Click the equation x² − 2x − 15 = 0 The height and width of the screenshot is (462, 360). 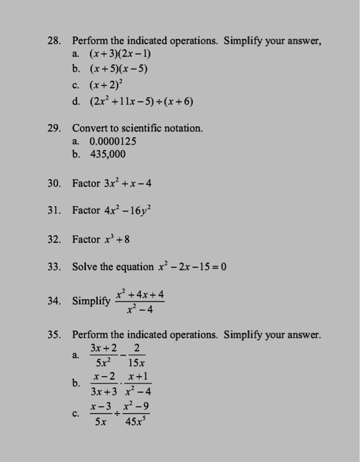183,267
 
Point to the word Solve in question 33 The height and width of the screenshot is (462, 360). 87,267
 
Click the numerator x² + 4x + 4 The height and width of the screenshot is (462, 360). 139,294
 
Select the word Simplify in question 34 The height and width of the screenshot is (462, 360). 92,301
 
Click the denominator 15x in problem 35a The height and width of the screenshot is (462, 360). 136,362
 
